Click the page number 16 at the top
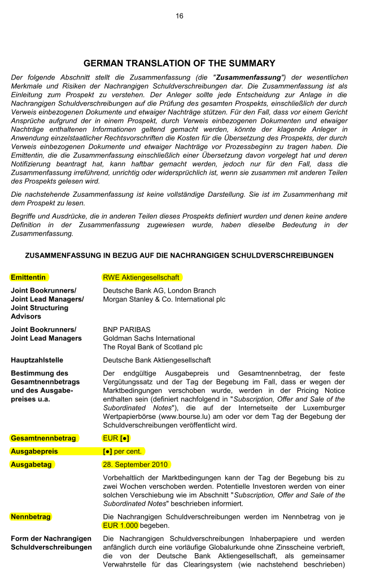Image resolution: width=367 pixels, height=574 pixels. [180, 16]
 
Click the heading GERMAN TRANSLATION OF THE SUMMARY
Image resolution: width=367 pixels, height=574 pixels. [180, 64]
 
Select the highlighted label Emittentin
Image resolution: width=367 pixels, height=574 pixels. [29, 277]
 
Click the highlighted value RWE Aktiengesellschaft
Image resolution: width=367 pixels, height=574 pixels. [141, 277]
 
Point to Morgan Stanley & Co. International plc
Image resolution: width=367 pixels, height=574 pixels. [164, 299]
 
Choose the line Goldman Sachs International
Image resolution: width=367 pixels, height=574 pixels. [149, 338]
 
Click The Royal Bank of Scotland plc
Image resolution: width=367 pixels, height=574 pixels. [152, 347]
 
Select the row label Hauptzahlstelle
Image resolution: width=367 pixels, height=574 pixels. [37, 360]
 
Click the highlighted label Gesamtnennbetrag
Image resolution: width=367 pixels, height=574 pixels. [44, 438]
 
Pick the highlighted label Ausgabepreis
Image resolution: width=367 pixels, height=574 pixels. [34, 451]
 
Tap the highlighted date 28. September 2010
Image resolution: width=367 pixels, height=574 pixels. [136, 465]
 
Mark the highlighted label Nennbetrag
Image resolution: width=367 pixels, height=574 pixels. [30, 516]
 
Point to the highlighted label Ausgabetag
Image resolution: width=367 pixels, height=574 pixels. [32, 465]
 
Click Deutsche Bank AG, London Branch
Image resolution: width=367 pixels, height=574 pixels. [159, 290]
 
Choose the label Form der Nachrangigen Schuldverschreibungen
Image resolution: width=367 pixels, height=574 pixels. [51, 543]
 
